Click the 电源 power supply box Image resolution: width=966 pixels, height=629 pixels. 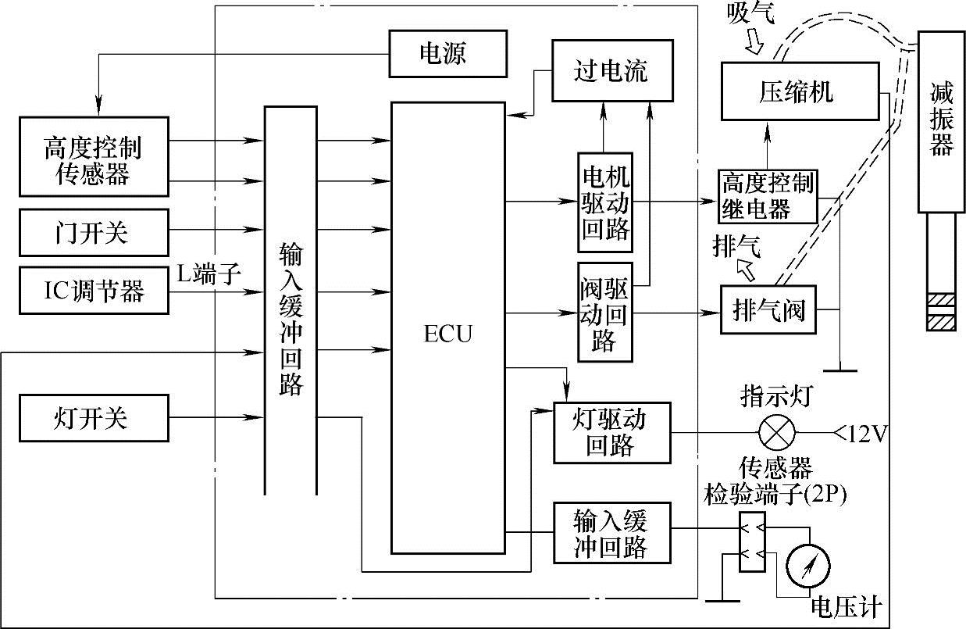(x=447, y=54)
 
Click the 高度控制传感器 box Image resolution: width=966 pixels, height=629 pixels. (x=93, y=156)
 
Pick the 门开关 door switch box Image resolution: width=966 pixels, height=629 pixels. (x=93, y=232)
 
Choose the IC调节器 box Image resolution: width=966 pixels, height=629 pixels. (x=93, y=291)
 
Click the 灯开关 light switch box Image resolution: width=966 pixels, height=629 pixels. (x=93, y=418)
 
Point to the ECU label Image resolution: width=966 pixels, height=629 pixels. (x=448, y=334)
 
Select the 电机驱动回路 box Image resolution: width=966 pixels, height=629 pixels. (x=605, y=201)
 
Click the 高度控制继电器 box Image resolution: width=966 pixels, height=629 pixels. (x=767, y=197)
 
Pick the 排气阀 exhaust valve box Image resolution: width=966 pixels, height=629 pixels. (x=767, y=312)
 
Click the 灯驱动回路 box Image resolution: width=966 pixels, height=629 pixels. (x=611, y=432)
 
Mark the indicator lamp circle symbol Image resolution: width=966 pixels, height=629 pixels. (x=777, y=431)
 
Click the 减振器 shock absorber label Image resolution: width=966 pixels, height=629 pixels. (x=942, y=121)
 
